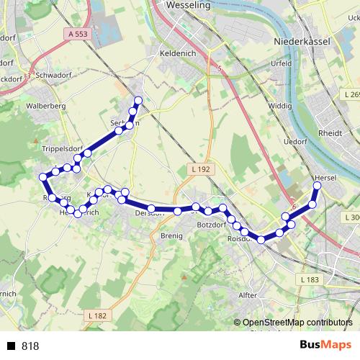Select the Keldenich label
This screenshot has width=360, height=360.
click(x=177, y=53)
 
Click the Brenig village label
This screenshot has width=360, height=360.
click(x=173, y=235)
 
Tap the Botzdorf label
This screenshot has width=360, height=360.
click(x=212, y=225)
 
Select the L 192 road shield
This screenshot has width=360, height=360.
click(x=201, y=168)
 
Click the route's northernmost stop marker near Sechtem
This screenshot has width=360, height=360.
click(x=138, y=100)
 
